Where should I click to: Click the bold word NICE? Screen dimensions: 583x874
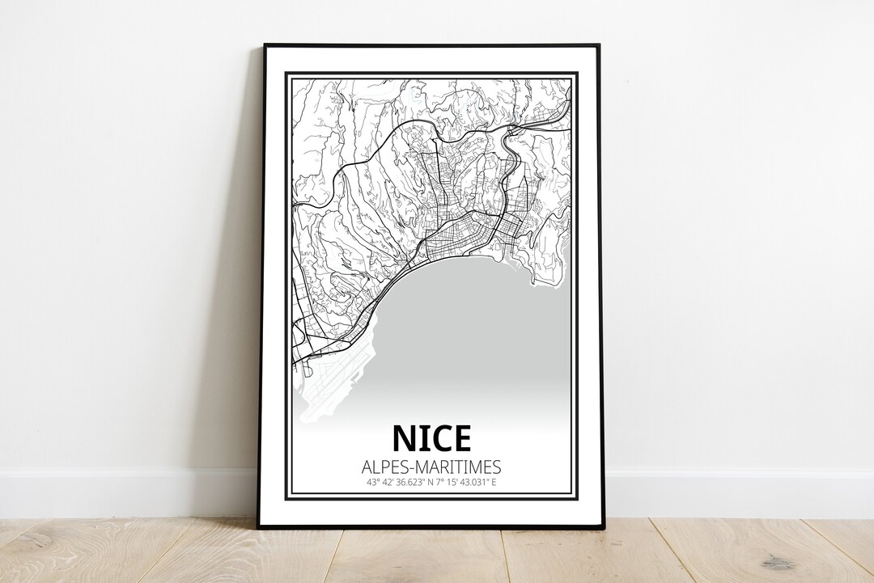(431, 438)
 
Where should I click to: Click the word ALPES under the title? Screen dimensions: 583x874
(384, 467)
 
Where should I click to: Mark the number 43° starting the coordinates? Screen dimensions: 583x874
(372, 483)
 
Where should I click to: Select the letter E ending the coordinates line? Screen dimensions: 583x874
(493, 483)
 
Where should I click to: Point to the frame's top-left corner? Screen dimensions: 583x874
(265, 46)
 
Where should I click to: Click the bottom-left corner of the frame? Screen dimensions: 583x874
(260, 526)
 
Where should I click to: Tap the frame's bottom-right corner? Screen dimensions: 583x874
(603, 526)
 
